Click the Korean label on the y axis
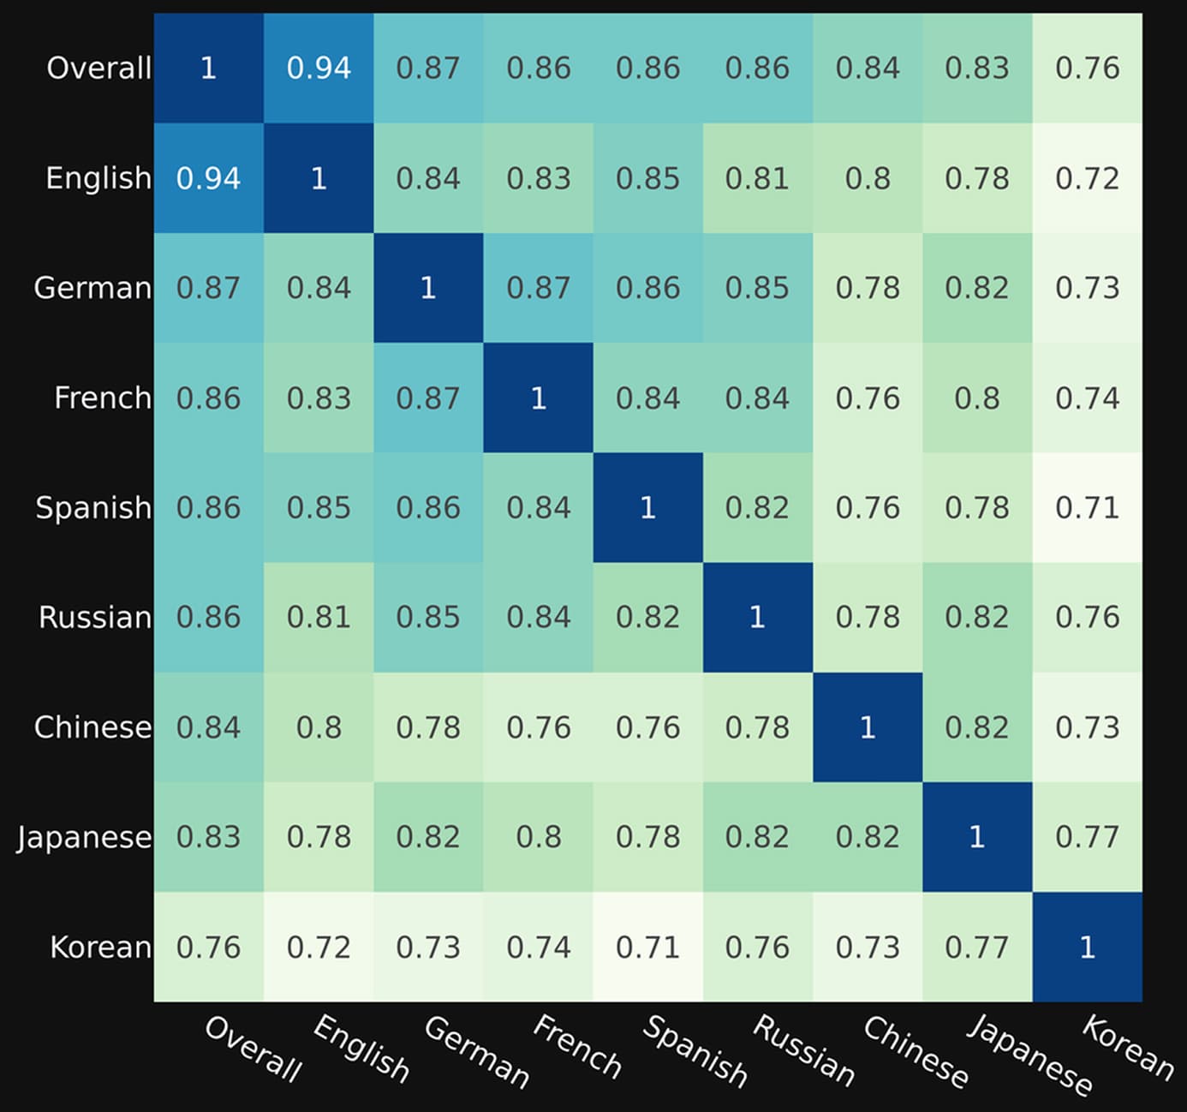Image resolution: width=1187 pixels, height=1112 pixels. [x=100, y=947]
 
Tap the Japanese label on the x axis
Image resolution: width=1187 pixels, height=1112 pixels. [x=1029, y=1055]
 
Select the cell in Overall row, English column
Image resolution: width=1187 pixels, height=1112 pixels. [x=319, y=69]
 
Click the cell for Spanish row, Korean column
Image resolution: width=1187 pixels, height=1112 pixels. [x=1087, y=508]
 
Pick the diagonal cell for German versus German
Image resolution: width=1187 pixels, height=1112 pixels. [x=428, y=288]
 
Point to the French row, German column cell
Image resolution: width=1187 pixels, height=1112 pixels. [x=428, y=398]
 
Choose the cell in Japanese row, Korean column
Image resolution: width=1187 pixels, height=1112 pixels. [x=1087, y=837]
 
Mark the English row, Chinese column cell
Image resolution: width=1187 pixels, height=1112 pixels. [x=868, y=178]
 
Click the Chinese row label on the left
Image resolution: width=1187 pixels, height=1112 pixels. [x=92, y=727]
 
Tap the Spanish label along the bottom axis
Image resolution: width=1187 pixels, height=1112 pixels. [x=695, y=1051]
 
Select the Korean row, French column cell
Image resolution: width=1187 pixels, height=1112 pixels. [x=539, y=947]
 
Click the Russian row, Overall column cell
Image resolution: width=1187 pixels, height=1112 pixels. [x=209, y=618]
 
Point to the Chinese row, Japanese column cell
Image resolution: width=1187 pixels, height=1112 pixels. [x=977, y=727]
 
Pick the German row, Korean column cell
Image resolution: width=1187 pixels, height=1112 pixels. [x=1087, y=288]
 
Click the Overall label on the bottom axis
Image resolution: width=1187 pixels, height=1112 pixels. [x=253, y=1049]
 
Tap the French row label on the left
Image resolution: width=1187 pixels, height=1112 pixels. [x=103, y=398]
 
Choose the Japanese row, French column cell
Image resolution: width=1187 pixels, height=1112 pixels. [x=539, y=837]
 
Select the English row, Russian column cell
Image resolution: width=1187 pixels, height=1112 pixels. [x=758, y=178]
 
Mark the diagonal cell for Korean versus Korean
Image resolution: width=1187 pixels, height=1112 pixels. [x=1087, y=947]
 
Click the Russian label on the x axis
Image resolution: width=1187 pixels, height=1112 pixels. [x=803, y=1050]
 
